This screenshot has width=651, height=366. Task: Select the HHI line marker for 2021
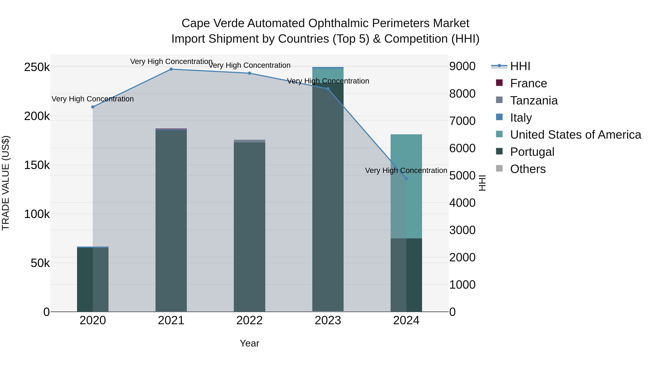click(x=171, y=69)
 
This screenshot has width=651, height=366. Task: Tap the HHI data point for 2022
click(x=249, y=73)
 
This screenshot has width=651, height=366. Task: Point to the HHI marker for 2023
click(x=328, y=89)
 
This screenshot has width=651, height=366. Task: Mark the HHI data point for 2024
click(x=406, y=179)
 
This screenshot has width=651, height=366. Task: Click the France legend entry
click(x=528, y=83)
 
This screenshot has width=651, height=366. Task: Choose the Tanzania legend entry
click(x=533, y=100)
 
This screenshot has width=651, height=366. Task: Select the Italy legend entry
click(x=521, y=118)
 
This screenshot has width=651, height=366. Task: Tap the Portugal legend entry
click(x=532, y=152)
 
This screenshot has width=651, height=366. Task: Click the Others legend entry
click(x=528, y=169)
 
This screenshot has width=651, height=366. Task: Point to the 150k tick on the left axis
click(x=37, y=165)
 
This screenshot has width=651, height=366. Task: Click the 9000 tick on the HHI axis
click(x=462, y=67)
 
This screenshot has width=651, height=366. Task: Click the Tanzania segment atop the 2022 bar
click(x=249, y=141)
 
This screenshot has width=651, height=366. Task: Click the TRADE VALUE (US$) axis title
click(x=6, y=183)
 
